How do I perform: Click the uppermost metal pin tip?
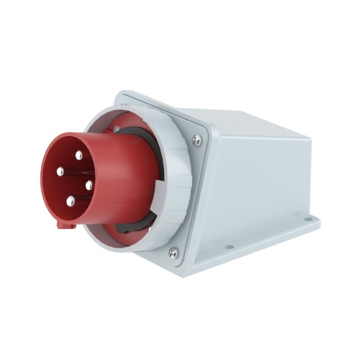pyautogui.click(x=78, y=155)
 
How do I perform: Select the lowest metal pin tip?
pyautogui.click(x=71, y=202)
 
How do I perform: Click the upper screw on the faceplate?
pyautogui.click(x=197, y=141)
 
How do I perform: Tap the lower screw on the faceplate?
pyautogui.click(x=173, y=252)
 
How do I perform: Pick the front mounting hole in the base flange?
pyautogui.click(x=229, y=247)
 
